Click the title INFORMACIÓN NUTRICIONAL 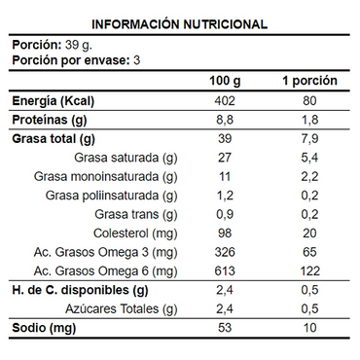pyautogui.click(x=180, y=24)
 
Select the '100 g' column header pyautogui.click(x=225, y=80)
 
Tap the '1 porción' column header pyautogui.click(x=309, y=80)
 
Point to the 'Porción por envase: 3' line pyautogui.click(x=76, y=60)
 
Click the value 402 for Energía pyautogui.click(x=225, y=101)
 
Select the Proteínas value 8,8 pyautogui.click(x=225, y=120)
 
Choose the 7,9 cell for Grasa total pyautogui.click(x=309, y=139)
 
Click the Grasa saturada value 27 pyautogui.click(x=225, y=158)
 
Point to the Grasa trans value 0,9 pyautogui.click(x=225, y=214)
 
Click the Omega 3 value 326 pyautogui.click(x=225, y=252)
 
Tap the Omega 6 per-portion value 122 pyautogui.click(x=309, y=270)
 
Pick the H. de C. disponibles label pyautogui.click(x=80, y=290)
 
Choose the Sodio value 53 pyautogui.click(x=225, y=328)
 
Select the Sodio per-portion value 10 pyautogui.click(x=309, y=328)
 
